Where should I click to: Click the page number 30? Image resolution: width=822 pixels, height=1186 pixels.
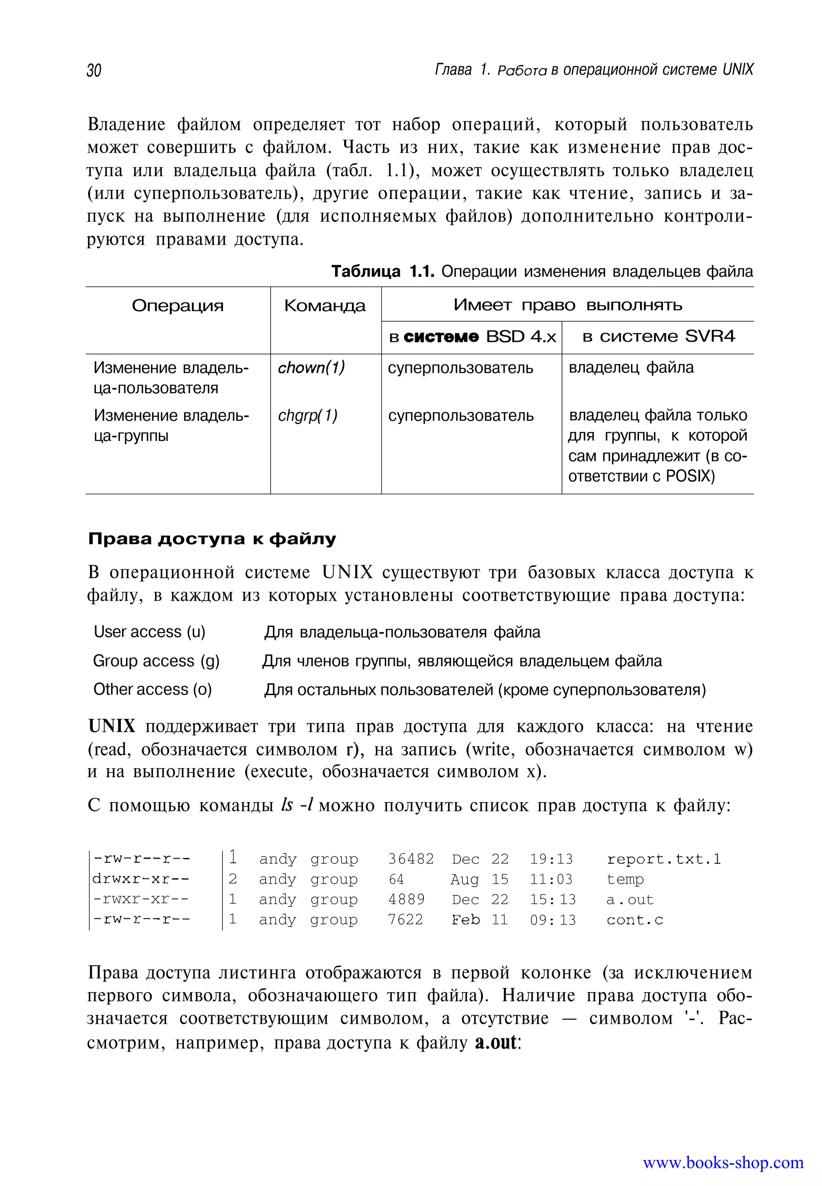point(94,70)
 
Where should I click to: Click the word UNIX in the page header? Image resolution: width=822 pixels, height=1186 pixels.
point(738,69)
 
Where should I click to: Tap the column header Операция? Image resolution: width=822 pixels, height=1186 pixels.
point(178,306)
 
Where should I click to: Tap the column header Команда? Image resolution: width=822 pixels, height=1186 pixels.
point(325,306)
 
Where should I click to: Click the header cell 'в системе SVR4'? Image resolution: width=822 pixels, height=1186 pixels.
point(658,336)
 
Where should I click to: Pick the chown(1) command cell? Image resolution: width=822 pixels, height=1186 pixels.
point(311,367)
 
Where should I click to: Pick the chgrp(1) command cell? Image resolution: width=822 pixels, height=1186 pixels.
point(307,415)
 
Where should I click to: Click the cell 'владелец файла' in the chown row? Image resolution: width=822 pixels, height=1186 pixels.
point(631,367)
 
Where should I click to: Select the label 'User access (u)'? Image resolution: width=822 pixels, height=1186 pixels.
point(149,632)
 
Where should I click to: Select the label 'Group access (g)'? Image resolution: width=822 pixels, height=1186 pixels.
point(156,660)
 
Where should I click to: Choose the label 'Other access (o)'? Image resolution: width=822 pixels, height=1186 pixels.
point(153,689)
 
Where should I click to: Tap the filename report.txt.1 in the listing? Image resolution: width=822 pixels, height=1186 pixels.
point(663,859)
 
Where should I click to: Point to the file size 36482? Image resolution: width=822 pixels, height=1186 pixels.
point(411,859)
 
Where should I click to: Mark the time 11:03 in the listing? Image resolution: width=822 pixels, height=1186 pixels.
point(551,879)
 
